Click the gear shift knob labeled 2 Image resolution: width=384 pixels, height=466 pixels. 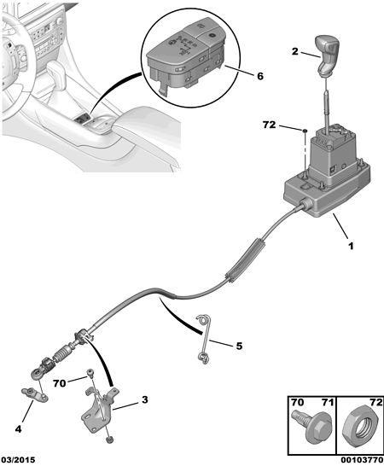328,55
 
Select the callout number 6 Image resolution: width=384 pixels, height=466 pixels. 260,76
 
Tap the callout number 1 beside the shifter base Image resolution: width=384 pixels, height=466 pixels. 351,246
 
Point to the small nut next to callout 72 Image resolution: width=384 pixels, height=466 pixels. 305,131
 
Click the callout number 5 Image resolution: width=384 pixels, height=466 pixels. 239,346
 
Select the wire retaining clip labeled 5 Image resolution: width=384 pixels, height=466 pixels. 205,339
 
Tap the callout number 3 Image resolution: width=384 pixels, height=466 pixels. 144,400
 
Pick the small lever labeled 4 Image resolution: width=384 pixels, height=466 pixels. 35,394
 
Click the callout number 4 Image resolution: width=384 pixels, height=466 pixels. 19,428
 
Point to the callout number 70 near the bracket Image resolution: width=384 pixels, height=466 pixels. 60,384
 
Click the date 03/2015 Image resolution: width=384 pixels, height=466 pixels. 18,460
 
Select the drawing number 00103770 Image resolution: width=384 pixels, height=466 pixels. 362,460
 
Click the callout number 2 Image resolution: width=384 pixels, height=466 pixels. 294,51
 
